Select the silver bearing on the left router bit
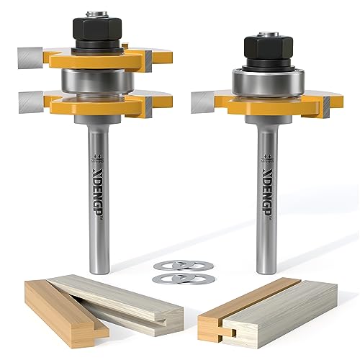[x=96, y=80]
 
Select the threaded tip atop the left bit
[x=96, y=12]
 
